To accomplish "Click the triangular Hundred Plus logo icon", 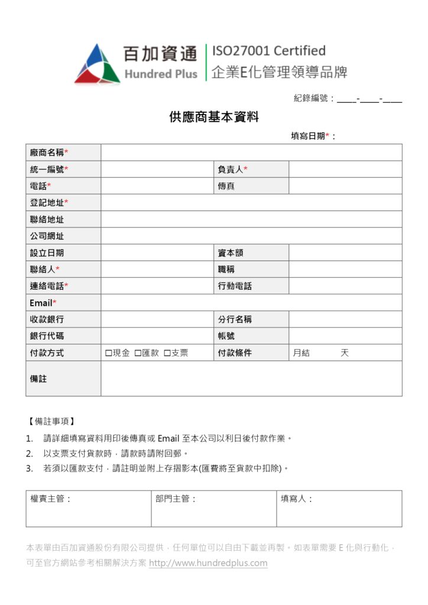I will [97, 64].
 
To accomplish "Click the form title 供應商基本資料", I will [214, 117].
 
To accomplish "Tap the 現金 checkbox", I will [109, 353].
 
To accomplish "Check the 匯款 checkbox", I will [138, 353].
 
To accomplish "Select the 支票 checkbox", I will [167, 353].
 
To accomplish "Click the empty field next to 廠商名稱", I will [251, 152].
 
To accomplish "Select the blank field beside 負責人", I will [345, 170].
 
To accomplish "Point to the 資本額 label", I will [231, 253].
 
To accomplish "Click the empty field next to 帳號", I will [345, 336].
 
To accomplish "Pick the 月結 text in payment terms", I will [301, 353].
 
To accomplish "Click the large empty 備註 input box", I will [251, 379].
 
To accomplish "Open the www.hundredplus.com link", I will [208, 563].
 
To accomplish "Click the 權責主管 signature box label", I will [51, 499].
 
